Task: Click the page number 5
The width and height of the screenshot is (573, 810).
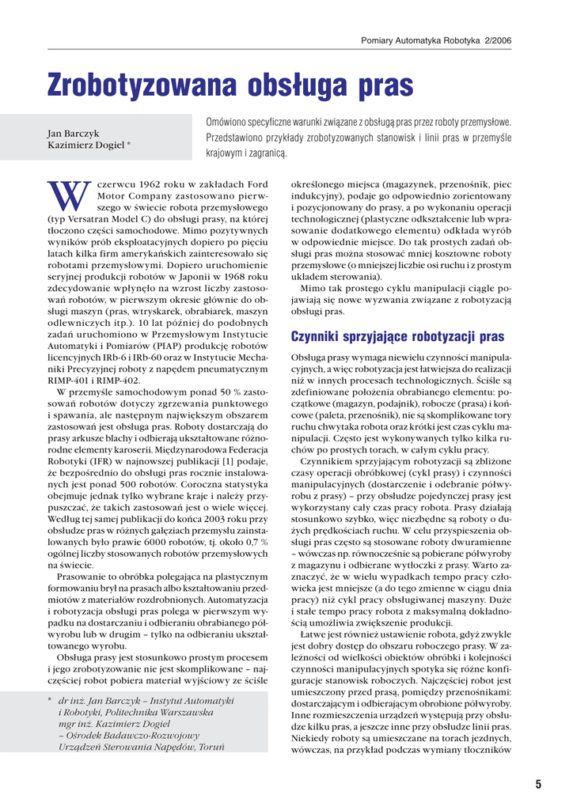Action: point(538,785)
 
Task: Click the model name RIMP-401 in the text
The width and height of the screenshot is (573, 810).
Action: point(68,380)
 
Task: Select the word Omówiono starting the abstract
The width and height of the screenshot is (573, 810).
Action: point(230,123)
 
